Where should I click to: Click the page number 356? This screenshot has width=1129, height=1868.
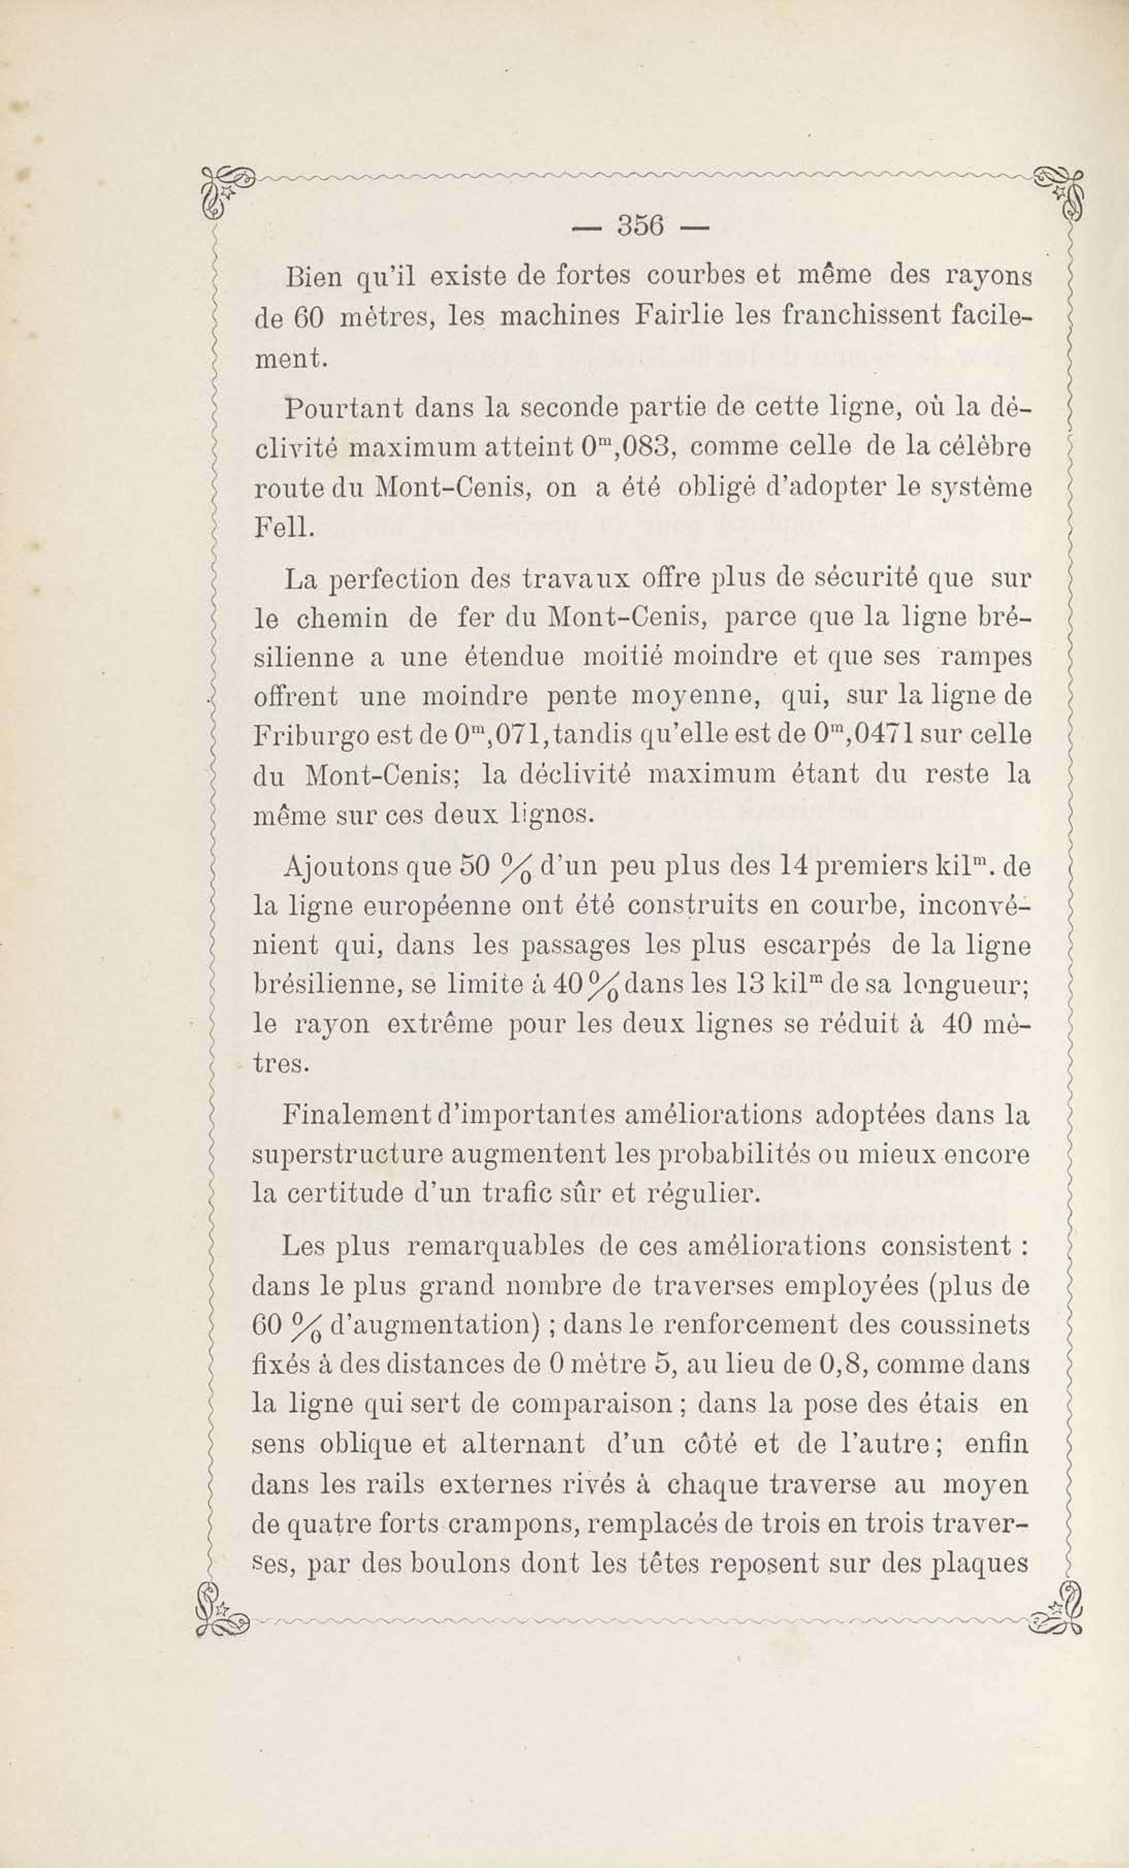click(x=641, y=225)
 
